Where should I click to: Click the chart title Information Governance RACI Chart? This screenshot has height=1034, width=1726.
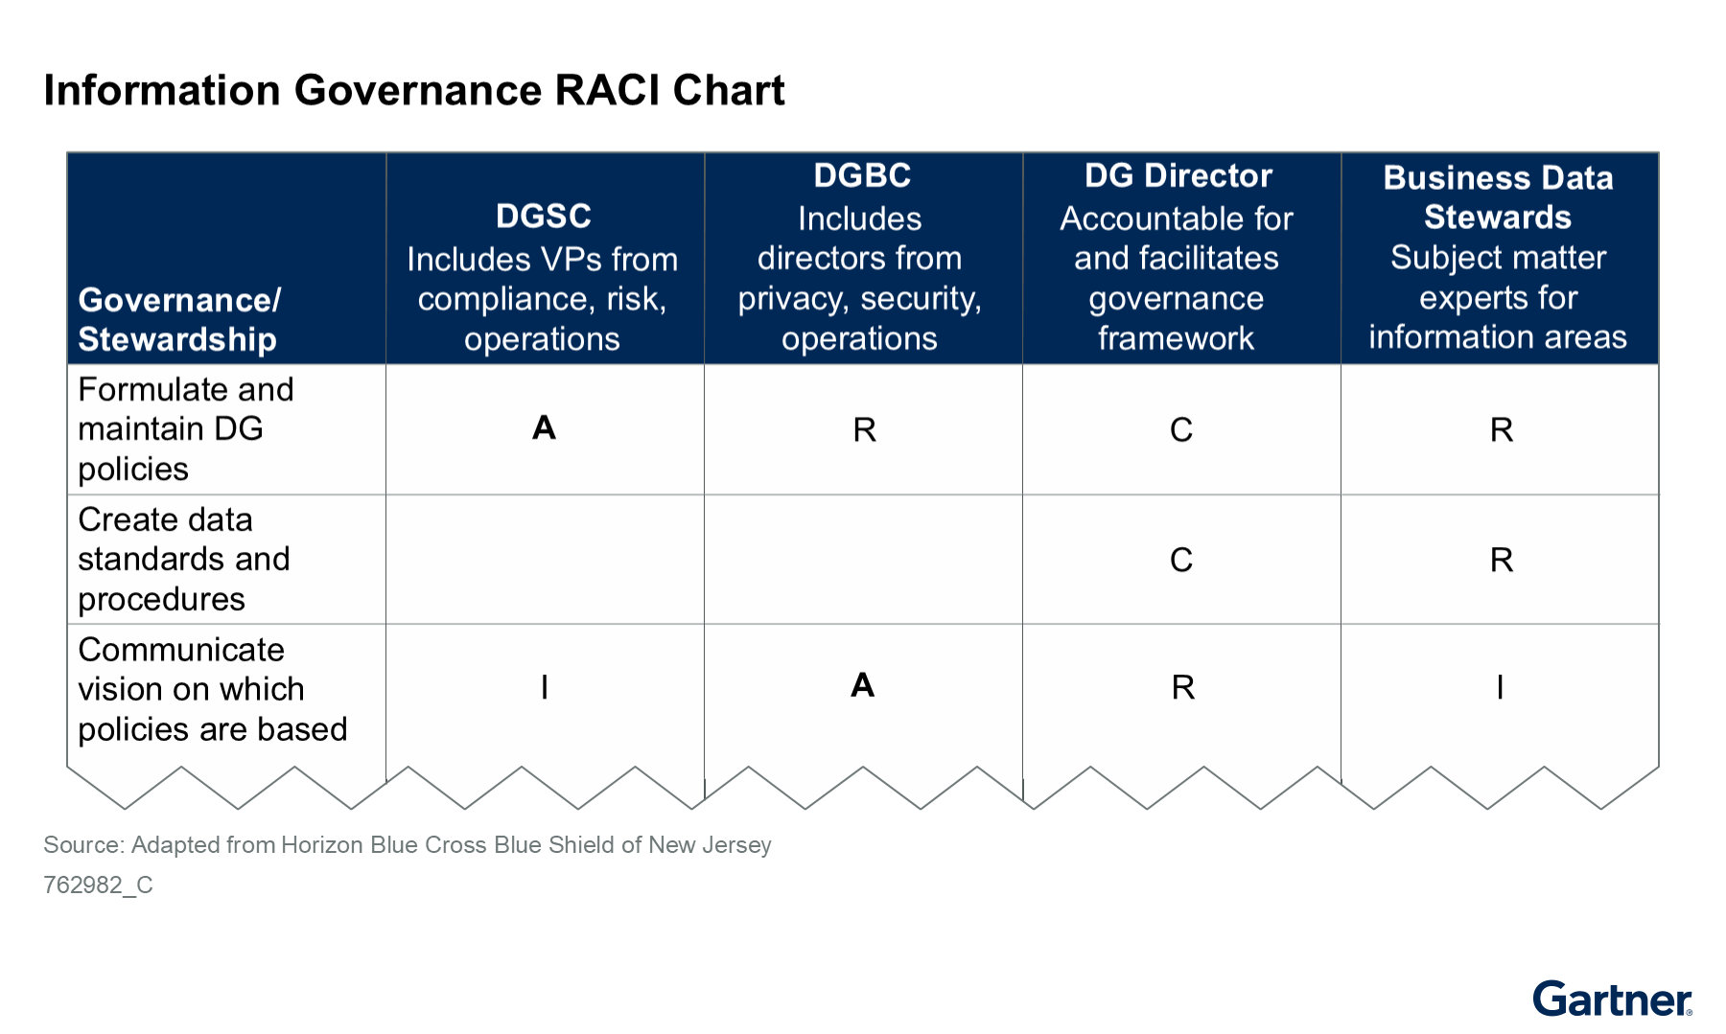(414, 90)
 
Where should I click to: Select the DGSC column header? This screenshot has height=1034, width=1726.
(544, 216)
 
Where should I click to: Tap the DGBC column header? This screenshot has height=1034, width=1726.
(862, 175)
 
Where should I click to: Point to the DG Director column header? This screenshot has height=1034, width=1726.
(1178, 175)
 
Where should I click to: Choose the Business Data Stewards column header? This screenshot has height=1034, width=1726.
(1498, 197)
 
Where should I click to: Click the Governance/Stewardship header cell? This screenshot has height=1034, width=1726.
(179, 319)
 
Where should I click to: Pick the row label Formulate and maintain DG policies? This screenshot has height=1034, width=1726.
(185, 429)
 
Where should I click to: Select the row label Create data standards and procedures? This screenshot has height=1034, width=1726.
(183, 560)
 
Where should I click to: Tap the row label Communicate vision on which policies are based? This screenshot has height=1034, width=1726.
(212, 690)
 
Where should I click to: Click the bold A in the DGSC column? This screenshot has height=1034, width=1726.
(544, 427)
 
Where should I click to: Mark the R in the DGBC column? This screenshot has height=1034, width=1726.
(864, 430)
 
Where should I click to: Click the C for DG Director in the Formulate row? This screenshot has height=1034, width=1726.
(1181, 430)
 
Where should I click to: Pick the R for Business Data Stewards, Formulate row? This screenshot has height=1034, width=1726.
(1502, 430)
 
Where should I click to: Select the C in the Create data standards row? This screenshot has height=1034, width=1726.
(1181, 560)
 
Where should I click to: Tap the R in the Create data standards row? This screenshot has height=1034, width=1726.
(1502, 560)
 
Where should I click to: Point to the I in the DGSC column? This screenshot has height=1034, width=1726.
(545, 687)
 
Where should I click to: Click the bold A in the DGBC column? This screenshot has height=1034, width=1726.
(862, 685)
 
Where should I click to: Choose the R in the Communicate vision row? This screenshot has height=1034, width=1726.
(1183, 687)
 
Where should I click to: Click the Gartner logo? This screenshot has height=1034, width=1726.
(1613, 999)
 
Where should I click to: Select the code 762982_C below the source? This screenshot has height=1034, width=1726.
(98, 885)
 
